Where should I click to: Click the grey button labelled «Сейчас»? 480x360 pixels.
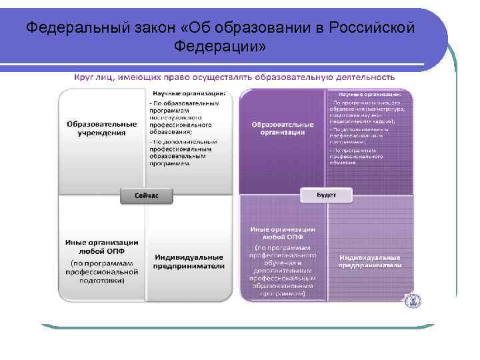pyautogui.click(x=146, y=196)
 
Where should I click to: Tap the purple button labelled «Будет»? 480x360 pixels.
pyautogui.click(x=327, y=195)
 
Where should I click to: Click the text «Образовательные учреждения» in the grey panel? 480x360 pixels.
pyautogui.click(x=101, y=128)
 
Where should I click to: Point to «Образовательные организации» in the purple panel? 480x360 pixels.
pyautogui.click(x=283, y=128)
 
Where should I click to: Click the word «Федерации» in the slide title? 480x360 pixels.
pyautogui.click(x=219, y=47)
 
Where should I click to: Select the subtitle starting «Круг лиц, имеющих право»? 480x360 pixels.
pyautogui.click(x=233, y=77)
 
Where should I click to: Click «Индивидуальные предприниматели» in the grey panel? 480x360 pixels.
pyautogui.click(x=190, y=261)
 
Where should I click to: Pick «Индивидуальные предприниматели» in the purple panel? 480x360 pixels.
pyautogui.click(x=370, y=261)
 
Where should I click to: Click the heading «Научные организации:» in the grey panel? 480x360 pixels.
pyautogui.click(x=189, y=93)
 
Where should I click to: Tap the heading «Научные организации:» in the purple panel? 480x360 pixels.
pyautogui.click(x=370, y=95)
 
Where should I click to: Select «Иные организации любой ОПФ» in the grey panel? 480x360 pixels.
pyautogui.click(x=101, y=246)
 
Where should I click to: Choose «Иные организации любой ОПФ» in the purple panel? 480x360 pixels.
pyautogui.click(x=283, y=233)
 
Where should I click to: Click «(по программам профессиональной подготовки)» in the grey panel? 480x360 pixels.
pyautogui.click(x=101, y=271)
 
